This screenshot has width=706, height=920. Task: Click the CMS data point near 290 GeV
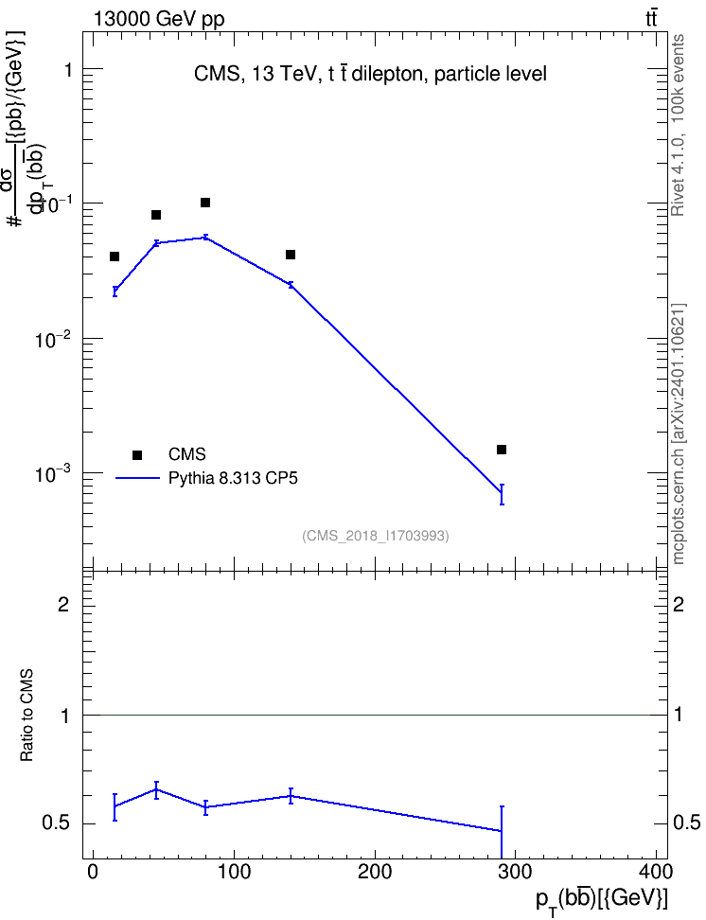click(502, 450)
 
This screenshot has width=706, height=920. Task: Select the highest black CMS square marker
click(205, 203)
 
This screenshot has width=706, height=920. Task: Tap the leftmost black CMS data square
click(115, 257)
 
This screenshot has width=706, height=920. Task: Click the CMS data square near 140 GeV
click(291, 255)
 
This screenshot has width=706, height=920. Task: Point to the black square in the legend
click(137, 454)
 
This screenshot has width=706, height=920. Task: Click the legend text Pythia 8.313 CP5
click(233, 478)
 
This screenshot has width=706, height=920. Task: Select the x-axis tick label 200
click(375, 872)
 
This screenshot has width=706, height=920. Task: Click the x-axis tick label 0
click(93, 872)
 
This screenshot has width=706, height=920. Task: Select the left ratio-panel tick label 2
click(63, 604)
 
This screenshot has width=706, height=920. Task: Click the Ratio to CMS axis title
click(27, 716)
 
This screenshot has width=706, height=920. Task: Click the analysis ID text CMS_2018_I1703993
click(376, 536)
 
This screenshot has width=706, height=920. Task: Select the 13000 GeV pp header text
click(158, 20)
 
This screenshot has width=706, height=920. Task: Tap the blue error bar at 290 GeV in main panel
click(502, 495)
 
